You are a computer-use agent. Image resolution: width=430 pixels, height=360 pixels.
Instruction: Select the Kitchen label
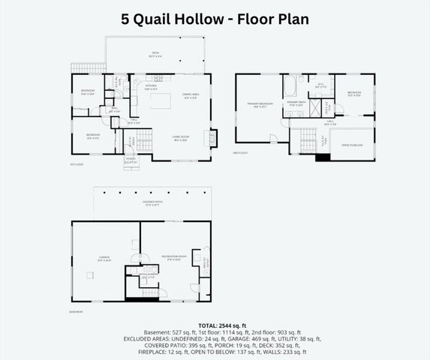click(151, 87)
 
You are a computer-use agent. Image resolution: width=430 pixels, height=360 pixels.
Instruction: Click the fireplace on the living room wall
click(212, 138)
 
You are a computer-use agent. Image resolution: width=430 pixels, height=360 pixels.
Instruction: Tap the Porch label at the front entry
click(131, 161)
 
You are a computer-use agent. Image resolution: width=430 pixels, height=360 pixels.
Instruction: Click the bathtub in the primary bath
click(290, 88)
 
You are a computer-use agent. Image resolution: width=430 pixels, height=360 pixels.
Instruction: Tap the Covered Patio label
click(153, 203)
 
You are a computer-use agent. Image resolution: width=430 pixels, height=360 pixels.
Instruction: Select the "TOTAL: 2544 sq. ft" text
click(215, 325)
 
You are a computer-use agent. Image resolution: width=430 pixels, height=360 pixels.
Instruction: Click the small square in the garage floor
click(89, 276)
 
